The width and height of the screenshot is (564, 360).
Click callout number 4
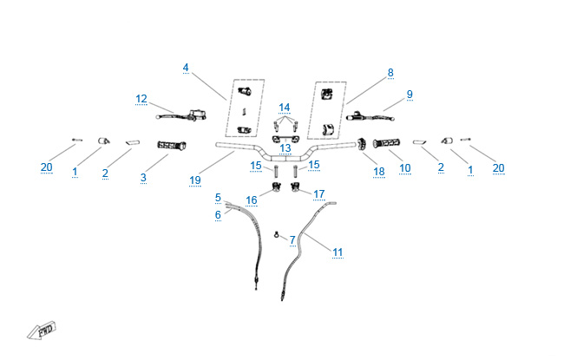(x=185, y=68)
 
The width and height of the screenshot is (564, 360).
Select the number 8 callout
(x=390, y=73)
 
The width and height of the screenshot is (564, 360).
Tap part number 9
(x=410, y=94)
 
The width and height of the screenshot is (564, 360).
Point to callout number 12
(x=141, y=99)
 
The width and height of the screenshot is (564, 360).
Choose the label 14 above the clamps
(x=285, y=108)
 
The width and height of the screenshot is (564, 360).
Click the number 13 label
(x=285, y=148)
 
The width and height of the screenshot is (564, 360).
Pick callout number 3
(x=144, y=178)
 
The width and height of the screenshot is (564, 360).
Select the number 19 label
(x=195, y=180)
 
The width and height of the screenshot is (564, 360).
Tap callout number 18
(x=378, y=172)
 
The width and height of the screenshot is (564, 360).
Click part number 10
(x=404, y=168)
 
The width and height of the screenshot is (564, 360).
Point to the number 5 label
(x=218, y=198)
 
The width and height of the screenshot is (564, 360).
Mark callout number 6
(x=218, y=214)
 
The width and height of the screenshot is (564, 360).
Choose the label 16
(x=252, y=200)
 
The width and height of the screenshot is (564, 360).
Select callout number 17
(x=319, y=193)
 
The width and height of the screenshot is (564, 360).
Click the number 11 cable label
(x=338, y=252)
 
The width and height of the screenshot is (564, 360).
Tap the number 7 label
(x=292, y=239)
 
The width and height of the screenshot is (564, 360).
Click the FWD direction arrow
(x=43, y=330)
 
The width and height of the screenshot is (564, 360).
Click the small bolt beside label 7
(x=276, y=234)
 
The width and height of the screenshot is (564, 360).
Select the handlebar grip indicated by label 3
(x=168, y=144)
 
